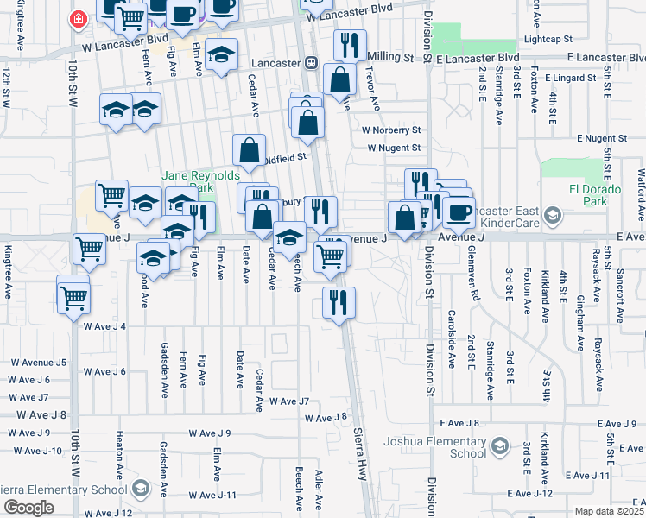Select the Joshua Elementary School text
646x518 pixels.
pyautogui.click(x=444, y=446)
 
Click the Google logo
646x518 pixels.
pyautogui.click(x=28, y=507)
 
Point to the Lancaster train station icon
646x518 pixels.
pyautogui.click(x=310, y=63)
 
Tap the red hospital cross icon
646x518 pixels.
pyautogui.click(x=79, y=18)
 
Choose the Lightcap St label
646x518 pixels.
pyautogui.click(x=548, y=40)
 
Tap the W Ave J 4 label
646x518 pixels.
pyautogui.click(x=105, y=326)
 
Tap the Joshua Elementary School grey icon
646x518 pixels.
pyautogui.click(x=499, y=445)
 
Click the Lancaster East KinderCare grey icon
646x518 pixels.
pyautogui.click(x=554, y=215)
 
